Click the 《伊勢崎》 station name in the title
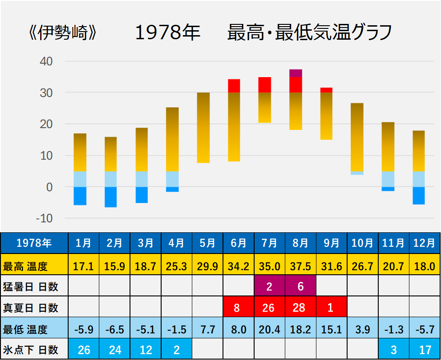pyautogui.click(x=61, y=33)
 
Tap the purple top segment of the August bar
pyautogui.click(x=296, y=73)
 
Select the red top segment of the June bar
pyautogui.click(x=234, y=86)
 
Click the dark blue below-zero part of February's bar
pyautogui.click(x=111, y=197)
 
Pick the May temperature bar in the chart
pyautogui.click(x=203, y=127)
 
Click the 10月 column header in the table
pyautogui.click(x=362, y=243)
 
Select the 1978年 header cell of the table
pyautogui.click(x=34, y=243)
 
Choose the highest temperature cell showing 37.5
pyautogui.click(x=300, y=266)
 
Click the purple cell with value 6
pyautogui.click(x=300, y=286)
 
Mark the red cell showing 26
pyautogui.click(x=269, y=308)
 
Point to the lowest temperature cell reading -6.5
pyautogui.click(x=115, y=329)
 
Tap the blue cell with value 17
pyautogui.click(x=424, y=350)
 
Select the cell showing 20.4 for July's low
pyautogui.click(x=269, y=329)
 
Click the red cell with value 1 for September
pyautogui.click(x=331, y=308)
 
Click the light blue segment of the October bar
pyautogui.click(x=357, y=173)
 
